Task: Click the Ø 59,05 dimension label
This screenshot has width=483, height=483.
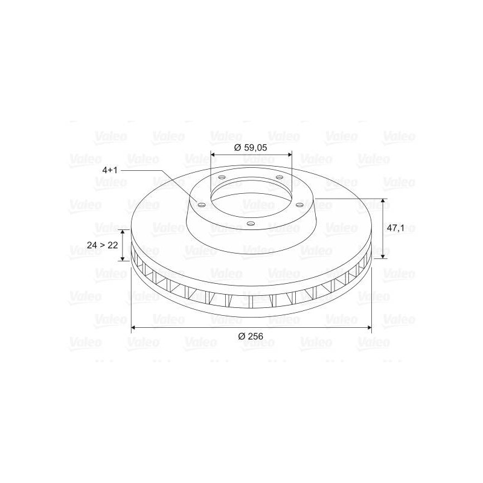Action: tap(251, 148)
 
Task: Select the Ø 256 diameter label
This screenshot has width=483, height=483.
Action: tap(251, 336)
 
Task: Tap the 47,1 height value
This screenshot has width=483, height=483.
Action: tap(396, 229)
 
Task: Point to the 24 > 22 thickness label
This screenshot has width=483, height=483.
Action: tap(103, 245)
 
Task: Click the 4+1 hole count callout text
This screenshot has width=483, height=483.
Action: tap(110, 170)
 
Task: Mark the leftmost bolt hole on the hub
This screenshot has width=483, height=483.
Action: tap(202, 205)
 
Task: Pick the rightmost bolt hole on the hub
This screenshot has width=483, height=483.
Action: tap(299, 204)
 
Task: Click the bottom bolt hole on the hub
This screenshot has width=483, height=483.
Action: tap(251, 224)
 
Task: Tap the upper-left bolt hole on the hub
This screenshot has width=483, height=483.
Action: tap(222, 178)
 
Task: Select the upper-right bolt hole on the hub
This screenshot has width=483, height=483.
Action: tap(280, 177)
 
